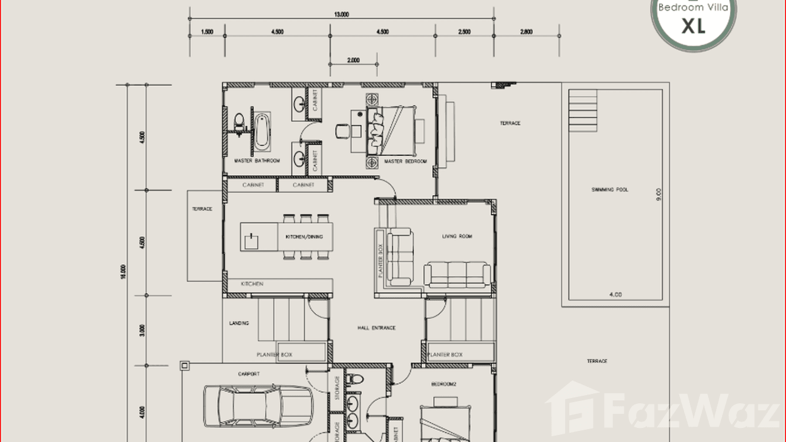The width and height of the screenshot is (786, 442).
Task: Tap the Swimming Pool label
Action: coord(610,190)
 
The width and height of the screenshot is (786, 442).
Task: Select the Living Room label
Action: coord(457,236)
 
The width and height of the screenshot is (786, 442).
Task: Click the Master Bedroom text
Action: coord(405,161)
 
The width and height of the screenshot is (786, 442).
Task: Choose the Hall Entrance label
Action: coord(376,328)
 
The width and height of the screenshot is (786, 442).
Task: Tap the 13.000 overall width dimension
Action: coord(341,15)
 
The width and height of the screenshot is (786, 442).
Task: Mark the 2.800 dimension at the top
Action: coord(526,32)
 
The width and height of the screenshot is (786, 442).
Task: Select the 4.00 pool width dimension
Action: coord(615,295)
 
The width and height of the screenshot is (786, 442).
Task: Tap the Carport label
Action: coord(249,373)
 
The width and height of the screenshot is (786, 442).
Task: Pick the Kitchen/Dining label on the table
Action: coord(304,237)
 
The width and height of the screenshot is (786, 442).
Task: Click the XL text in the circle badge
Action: coord(693,26)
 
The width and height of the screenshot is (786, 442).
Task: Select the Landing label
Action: coord(239,323)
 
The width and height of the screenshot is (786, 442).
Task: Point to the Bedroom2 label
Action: coord(443,383)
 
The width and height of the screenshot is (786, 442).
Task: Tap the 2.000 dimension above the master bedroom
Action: coord(353,60)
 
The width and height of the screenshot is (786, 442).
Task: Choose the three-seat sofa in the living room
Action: coord(457,274)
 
